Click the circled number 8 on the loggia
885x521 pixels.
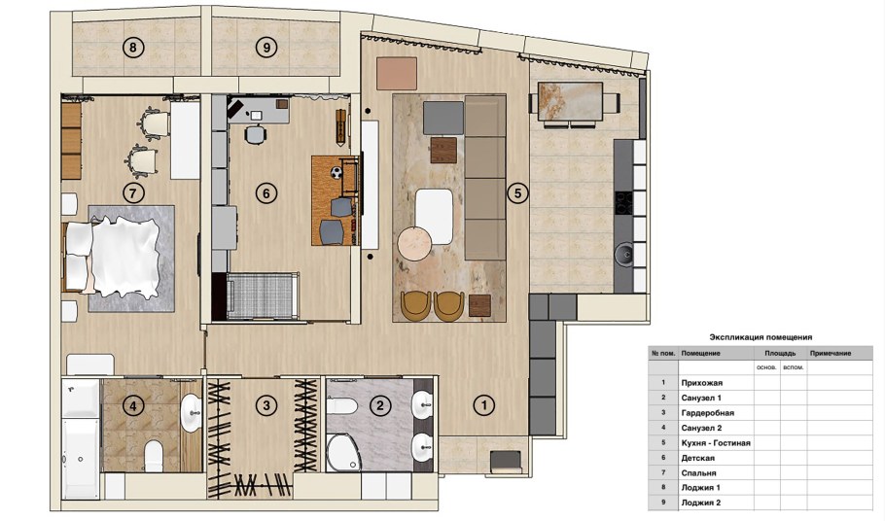tap(131, 46)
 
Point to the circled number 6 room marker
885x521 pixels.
tap(265, 192)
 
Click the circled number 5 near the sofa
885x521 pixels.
tap(518, 193)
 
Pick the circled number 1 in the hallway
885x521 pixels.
tap(480, 405)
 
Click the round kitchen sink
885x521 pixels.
tap(624, 255)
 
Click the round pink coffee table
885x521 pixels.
tap(412, 241)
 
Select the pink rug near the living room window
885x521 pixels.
tap(396, 70)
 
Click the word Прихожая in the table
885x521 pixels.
tap(701, 383)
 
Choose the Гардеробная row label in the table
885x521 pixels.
tap(707, 413)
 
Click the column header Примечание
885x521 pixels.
tap(830, 353)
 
